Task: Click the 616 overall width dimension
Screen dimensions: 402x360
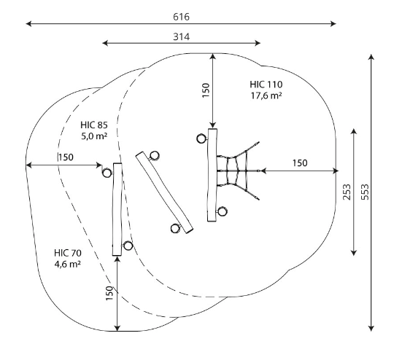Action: [x=181, y=17]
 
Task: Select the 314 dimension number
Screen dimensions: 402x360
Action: [x=182, y=37]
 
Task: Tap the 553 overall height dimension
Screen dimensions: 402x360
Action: [x=365, y=192]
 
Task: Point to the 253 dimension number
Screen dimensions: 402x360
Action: [x=347, y=192]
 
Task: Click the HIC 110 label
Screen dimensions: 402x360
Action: [x=266, y=85]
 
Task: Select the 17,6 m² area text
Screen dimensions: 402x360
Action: [x=266, y=95]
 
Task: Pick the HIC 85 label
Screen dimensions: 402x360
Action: [x=94, y=125]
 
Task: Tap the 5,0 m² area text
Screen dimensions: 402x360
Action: [x=94, y=136]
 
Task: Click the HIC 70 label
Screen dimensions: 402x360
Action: [x=68, y=253]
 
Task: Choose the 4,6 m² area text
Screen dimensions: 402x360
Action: [x=68, y=264]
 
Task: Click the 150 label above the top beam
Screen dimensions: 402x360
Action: [x=206, y=90]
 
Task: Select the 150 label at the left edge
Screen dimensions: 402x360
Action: [x=66, y=157]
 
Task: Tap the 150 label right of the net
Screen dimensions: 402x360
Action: [x=300, y=163]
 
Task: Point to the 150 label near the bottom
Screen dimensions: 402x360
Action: [x=109, y=293]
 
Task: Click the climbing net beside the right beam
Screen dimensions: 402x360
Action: [x=237, y=171]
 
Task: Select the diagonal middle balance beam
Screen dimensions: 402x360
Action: [x=164, y=192]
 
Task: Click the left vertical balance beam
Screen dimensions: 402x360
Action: [x=117, y=209]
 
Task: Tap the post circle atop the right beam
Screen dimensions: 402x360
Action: [x=201, y=138]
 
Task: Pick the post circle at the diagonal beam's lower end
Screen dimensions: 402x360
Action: [x=175, y=228]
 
